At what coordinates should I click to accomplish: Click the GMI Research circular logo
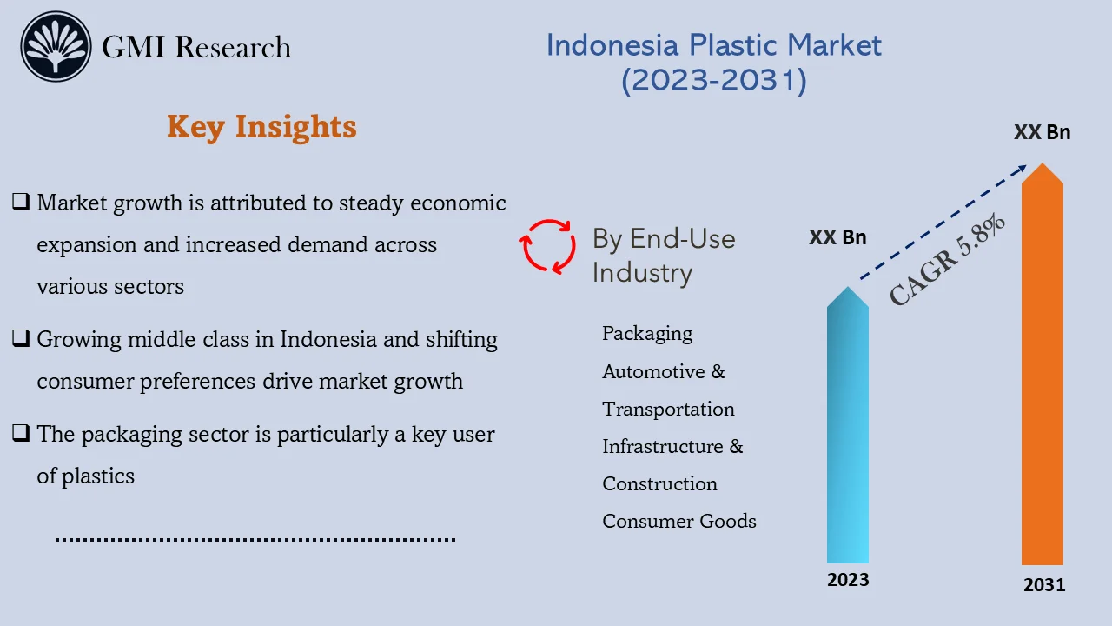click(56, 47)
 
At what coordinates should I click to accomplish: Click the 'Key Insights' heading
click(261, 127)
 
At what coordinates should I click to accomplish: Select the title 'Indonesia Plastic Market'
click(713, 45)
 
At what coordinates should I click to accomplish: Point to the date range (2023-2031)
click(713, 80)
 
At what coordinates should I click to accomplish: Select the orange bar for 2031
click(1042, 374)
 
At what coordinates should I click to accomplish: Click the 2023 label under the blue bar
click(847, 580)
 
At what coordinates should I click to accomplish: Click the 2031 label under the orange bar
click(1043, 585)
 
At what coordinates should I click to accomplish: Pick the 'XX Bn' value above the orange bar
click(1042, 133)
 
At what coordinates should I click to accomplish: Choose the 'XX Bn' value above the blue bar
click(837, 237)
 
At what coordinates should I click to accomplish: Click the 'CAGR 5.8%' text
click(948, 260)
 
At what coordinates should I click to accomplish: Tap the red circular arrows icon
click(547, 246)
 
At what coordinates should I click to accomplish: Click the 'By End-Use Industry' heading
click(663, 256)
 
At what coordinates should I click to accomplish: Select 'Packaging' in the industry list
click(647, 334)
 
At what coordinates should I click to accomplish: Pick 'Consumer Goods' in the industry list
click(678, 522)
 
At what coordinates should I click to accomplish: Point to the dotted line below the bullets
click(255, 540)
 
